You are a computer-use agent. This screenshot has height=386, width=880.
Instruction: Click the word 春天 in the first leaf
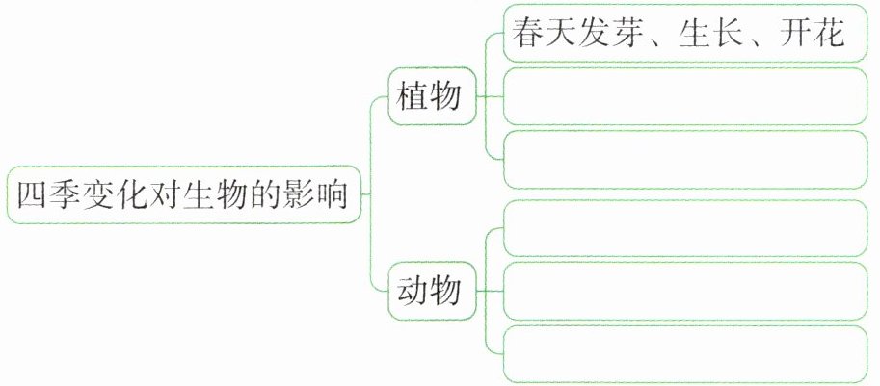(541, 35)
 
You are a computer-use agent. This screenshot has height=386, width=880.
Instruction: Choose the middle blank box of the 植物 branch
(685, 96)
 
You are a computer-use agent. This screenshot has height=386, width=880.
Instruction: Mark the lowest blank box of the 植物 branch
(685, 159)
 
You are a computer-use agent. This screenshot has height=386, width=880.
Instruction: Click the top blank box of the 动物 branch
(685, 227)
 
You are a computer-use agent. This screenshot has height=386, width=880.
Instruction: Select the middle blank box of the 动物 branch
(685, 291)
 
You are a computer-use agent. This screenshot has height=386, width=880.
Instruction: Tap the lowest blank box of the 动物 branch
(685, 355)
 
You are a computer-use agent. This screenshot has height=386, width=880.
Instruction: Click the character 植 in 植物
(416, 96)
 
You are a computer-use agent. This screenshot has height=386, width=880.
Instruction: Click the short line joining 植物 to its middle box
(492, 96)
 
